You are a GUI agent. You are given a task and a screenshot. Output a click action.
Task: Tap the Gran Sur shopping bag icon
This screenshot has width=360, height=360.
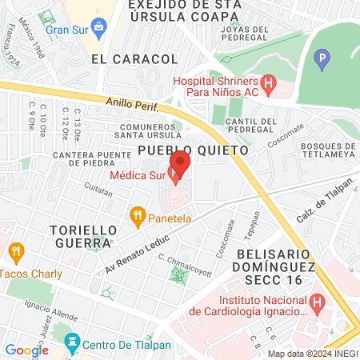(98, 30)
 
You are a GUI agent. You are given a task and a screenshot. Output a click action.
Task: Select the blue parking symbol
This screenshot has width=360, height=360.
(322, 58)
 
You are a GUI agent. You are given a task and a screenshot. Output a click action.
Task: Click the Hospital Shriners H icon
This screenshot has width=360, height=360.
(269, 82)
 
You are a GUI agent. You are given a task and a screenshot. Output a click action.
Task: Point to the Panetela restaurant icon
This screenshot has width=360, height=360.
(138, 214)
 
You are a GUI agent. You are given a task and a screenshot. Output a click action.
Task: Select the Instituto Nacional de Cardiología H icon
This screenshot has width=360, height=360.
(318, 303)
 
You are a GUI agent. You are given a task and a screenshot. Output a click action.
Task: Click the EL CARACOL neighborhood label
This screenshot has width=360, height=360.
(134, 59)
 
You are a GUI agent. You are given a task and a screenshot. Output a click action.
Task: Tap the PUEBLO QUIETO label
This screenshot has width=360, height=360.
(193, 150)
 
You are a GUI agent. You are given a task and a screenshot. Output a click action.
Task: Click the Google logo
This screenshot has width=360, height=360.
(26, 350)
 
